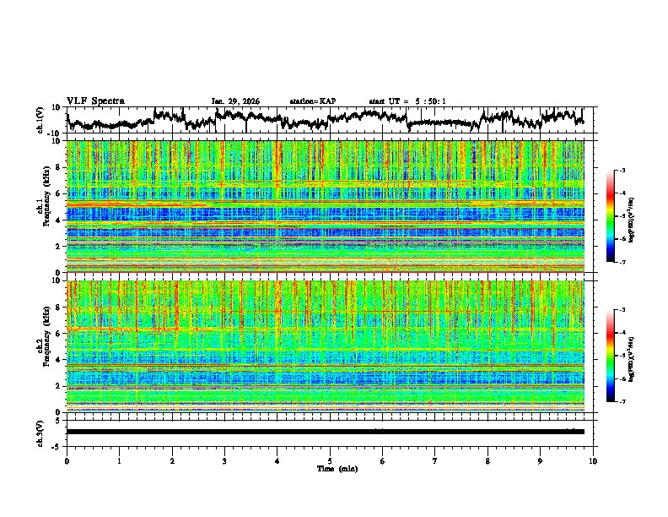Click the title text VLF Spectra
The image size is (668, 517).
(95, 101)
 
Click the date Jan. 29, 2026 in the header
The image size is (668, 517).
(235, 101)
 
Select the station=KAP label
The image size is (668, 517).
(312, 101)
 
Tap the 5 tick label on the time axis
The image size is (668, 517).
(330, 460)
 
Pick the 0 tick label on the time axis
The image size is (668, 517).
(67, 460)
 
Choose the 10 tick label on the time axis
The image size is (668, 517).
(593, 460)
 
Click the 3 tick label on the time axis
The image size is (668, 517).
(224, 460)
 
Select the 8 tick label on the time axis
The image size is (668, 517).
(488, 460)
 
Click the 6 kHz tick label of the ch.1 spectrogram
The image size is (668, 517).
(57, 193)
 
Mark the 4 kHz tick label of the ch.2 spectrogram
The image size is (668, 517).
(57, 360)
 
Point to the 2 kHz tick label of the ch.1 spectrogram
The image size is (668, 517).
(57, 247)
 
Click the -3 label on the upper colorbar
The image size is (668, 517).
(622, 171)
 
